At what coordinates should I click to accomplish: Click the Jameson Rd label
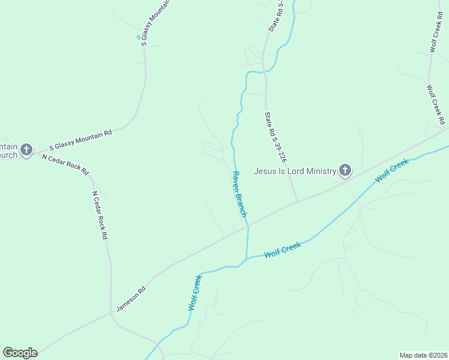coord(131,298)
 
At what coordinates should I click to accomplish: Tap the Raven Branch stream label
coord(240,194)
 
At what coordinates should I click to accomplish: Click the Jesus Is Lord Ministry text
coord(294,171)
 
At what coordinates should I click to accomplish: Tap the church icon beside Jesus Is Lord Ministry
coord(345,171)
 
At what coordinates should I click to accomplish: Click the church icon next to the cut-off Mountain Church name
coord(26,149)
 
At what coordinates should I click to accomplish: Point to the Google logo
coord(20,353)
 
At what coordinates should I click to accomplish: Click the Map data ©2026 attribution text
coord(424,355)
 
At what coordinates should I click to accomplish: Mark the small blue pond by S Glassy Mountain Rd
coord(139,37)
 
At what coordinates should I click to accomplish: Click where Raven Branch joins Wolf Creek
coord(246,259)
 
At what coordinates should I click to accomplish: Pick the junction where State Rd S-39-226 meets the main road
coord(297,202)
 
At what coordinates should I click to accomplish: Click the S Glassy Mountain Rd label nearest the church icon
coord(80,140)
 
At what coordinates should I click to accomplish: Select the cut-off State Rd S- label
coord(275,16)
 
